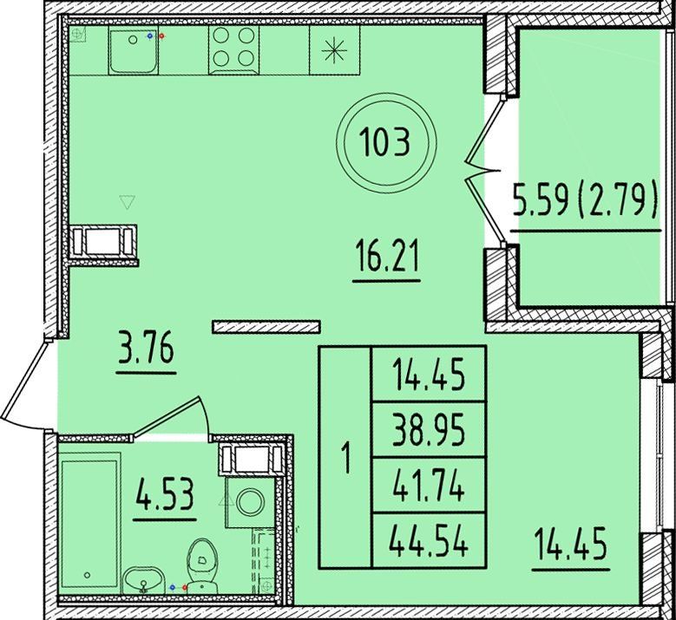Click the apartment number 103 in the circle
(386, 143)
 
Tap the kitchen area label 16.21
(386, 257)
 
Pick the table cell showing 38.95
(429, 430)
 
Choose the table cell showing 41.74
(429, 485)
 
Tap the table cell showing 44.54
(429, 540)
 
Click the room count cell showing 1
(345, 457)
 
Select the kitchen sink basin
(133, 49)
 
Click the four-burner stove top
(233, 49)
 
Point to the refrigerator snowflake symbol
(334, 50)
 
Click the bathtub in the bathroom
(89, 523)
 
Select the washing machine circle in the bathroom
(250, 502)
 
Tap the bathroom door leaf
(166, 416)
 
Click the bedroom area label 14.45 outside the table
(570, 544)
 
